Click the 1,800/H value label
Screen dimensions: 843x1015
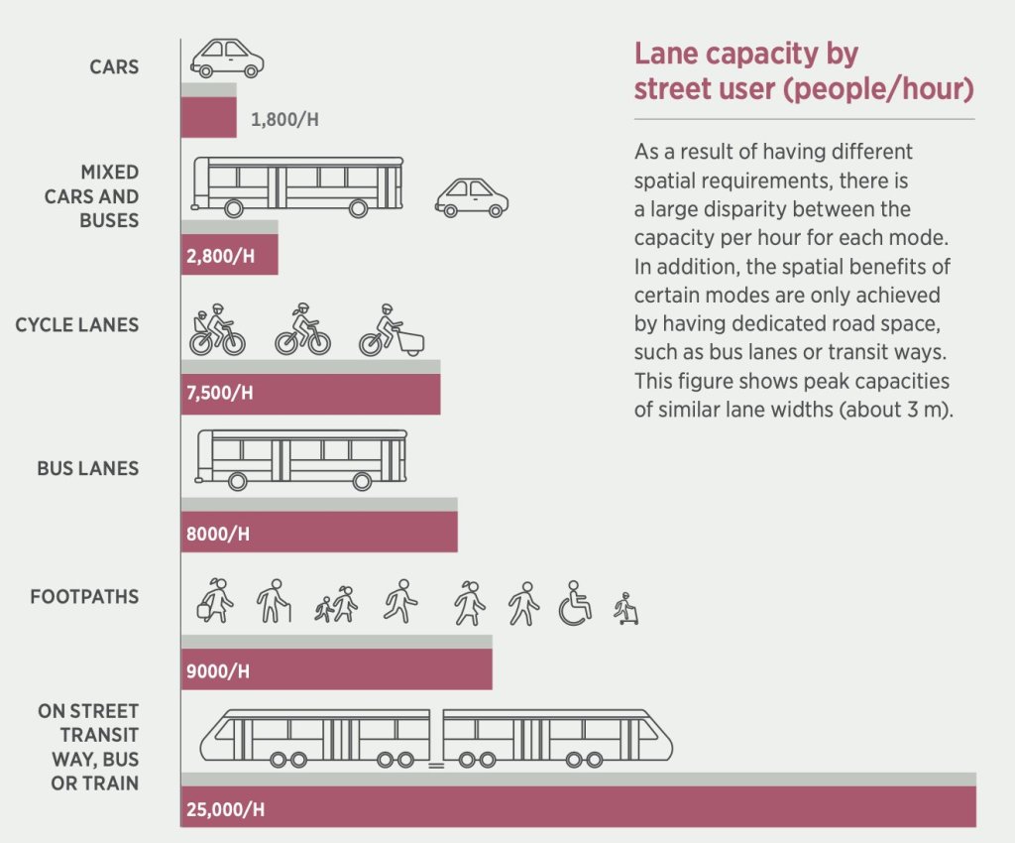point(284,121)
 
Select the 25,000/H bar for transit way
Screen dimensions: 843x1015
point(578,805)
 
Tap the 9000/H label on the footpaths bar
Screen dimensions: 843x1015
point(217,671)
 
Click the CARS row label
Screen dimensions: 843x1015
point(114,68)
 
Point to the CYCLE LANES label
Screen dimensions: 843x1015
point(77,325)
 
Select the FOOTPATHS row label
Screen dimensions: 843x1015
point(84,597)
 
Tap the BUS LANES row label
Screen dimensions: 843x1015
point(88,468)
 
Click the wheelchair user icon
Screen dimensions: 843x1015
point(575,603)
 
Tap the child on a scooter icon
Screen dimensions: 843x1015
point(626,608)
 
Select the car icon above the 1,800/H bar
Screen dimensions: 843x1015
point(227,58)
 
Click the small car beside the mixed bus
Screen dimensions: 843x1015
point(471,196)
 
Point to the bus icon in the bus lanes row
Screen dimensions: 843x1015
point(301,459)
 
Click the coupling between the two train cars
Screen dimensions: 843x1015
point(436,764)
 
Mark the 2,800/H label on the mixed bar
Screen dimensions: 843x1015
point(220,256)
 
